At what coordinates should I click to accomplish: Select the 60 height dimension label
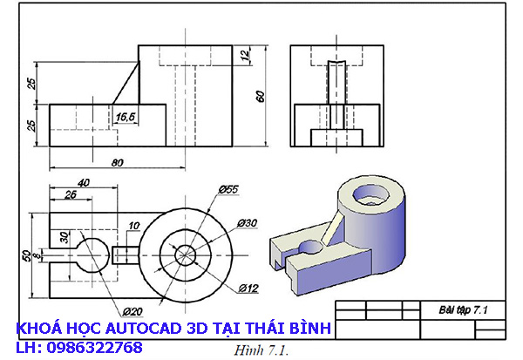tap(259, 96)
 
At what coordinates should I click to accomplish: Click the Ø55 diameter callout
tap(229, 188)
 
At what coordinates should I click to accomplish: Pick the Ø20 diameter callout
tap(132, 311)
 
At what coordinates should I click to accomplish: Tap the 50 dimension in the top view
tap(26, 256)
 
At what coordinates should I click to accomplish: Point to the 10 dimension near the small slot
tap(132, 227)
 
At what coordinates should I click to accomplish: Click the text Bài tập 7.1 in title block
tap(463, 309)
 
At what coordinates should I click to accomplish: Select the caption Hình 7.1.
tap(261, 350)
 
